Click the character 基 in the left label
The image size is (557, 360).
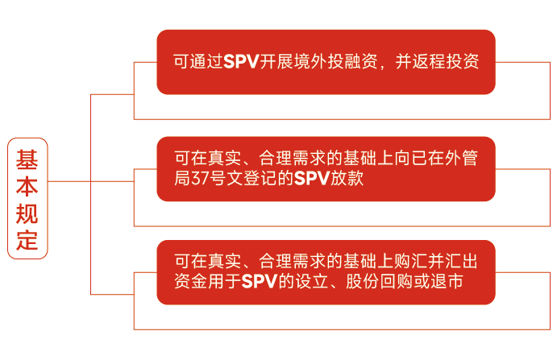pos(27,159)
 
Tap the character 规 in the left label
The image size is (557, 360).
pos(27,213)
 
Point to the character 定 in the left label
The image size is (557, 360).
pos(27,240)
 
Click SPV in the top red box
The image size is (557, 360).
pos(242,62)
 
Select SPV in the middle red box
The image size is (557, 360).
pos(312,178)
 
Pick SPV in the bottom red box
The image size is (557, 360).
pos(260,282)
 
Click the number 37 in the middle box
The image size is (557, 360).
pos(200,178)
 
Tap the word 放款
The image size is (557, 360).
pos(347,178)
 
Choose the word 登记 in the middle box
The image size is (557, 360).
pos(260,178)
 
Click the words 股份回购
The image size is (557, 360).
pos(380,282)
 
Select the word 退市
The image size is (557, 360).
pos(447,282)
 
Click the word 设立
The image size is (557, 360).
pos(312,282)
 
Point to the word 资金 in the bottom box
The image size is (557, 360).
pos(191,282)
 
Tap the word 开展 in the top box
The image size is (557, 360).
pos(276,62)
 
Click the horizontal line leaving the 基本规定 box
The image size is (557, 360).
pos(69,181)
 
